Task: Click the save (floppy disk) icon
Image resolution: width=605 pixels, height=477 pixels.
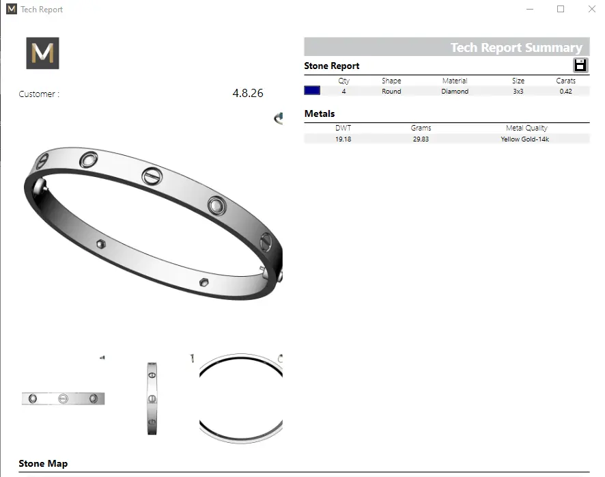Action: pos(580,66)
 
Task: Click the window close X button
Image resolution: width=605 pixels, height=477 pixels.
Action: pos(592,9)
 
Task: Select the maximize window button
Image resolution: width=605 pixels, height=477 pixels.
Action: pos(561,9)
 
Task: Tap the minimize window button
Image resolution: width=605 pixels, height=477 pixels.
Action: pos(530,9)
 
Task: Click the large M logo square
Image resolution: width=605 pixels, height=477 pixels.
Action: pos(42,53)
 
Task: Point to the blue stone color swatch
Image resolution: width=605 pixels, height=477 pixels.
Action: pos(312,91)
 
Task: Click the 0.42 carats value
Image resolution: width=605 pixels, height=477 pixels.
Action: pos(565,91)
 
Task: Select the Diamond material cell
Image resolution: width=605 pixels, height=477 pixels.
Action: pos(455,91)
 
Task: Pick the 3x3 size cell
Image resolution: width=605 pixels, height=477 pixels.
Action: pos(518,91)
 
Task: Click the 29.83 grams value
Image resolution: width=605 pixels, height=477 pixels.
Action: pos(421,139)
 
